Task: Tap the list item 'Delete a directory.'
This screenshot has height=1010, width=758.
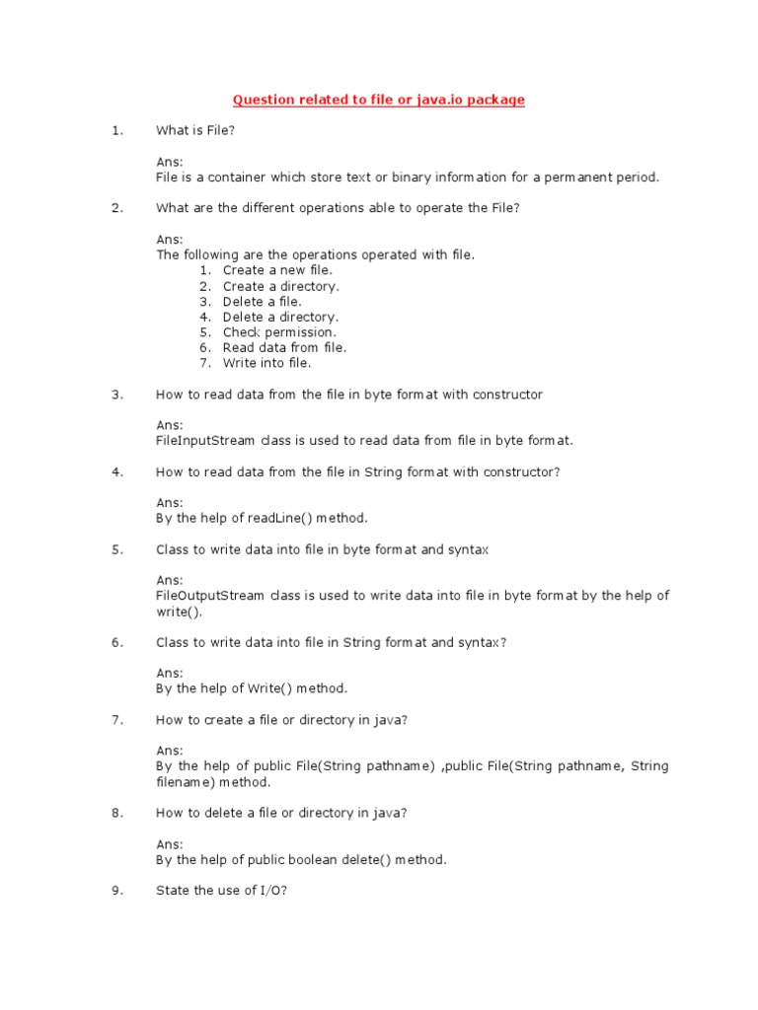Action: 280,317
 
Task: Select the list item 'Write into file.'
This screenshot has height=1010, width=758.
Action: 266,363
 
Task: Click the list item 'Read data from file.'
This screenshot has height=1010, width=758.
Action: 284,347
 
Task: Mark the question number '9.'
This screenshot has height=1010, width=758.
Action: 117,891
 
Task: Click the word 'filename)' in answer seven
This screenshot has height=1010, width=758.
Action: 186,782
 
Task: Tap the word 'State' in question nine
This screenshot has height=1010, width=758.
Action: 173,891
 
